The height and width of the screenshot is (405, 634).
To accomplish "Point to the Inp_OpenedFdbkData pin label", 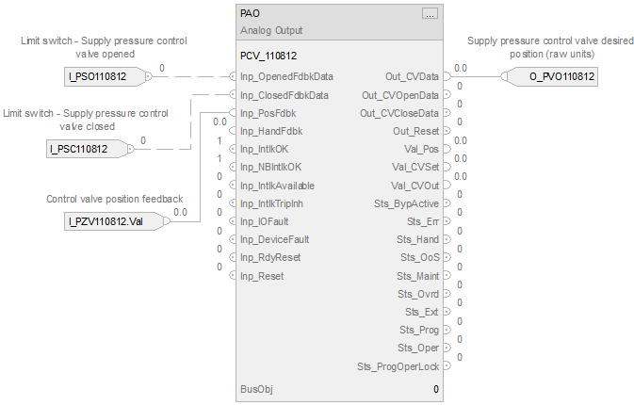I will [286, 76].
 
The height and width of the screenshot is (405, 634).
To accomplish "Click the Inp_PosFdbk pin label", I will [268, 113].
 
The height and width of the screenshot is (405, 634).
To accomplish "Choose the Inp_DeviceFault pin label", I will [275, 239].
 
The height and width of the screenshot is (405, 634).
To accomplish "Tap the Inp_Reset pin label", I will [261, 276].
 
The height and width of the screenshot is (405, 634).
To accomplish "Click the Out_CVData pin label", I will [412, 76].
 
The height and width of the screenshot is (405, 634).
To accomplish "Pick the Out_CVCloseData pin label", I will [399, 113].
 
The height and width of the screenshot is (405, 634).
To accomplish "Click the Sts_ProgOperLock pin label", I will [398, 366].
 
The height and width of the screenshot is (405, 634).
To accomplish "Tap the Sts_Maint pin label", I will [417, 276].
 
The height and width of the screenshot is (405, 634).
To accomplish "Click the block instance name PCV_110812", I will [268, 56].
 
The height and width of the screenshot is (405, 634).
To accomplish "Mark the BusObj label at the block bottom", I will [254, 389].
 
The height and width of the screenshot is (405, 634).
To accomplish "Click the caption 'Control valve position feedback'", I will [114, 199].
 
